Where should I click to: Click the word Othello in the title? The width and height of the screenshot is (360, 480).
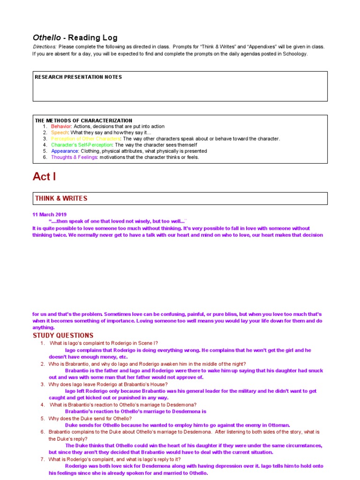pyautogui.click(x=46, y=37)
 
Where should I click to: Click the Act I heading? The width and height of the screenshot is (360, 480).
pyautogui.click(x=44, y=177)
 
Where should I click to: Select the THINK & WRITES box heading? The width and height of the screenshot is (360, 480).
pyautogui.click(x=61, y=198)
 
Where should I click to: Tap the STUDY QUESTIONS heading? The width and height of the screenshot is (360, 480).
pyautogui.click(x=63, y=336)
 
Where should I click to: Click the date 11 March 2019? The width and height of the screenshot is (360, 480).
pyautogui.click(x=50, y=214)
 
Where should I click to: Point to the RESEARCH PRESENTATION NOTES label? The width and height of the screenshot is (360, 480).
pyautogui.click(x=78, y=77)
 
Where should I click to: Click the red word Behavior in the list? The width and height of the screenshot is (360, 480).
pyautogui.click(x=61, y=127)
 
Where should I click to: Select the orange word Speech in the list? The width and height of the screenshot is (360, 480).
pyautogui.click(x=60, y=133)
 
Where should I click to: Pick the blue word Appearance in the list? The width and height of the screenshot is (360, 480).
pyautogui.click(x=65, y=151)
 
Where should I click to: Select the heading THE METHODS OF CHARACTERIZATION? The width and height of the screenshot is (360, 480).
pyautogui.click(x=83, y=120)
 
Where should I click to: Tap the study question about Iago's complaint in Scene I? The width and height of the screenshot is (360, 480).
pyautogui.click(x=104, y=343)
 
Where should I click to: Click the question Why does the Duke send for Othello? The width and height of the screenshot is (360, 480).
pyautogui.click(x=90, y=418)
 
